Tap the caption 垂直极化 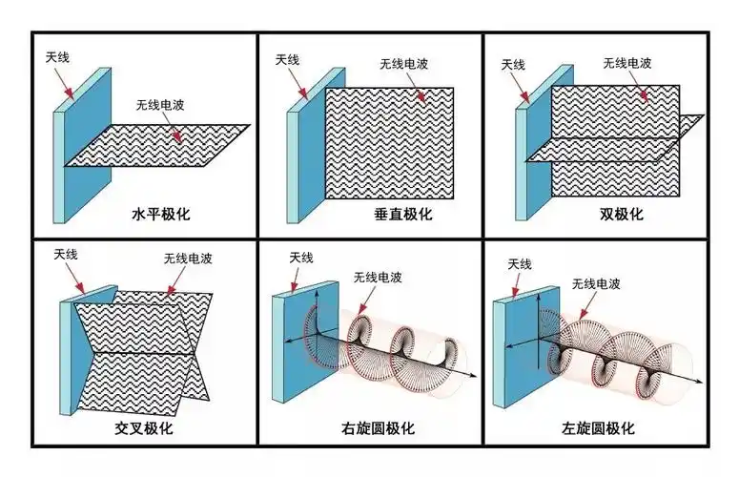[x=402, y=214]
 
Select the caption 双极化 [x=621, y=212]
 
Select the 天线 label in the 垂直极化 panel [x=287, y=59]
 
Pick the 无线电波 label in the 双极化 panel [x=628, y=63]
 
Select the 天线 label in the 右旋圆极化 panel [x=300, y=257]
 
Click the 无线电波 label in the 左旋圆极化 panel [x=597, y=284]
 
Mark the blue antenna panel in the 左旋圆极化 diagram [x=524, y=348]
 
